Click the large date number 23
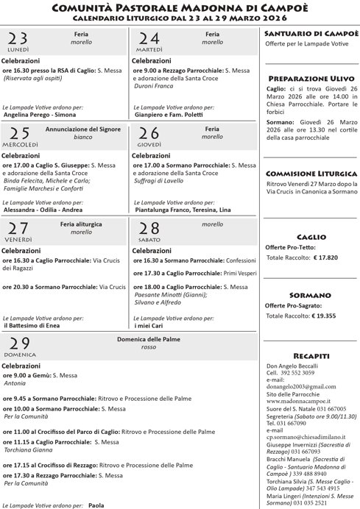pos(18,39)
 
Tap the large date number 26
pos(149,133)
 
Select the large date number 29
pos(19,344)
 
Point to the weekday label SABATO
pos(149,240)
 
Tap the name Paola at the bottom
pos(96,505)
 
